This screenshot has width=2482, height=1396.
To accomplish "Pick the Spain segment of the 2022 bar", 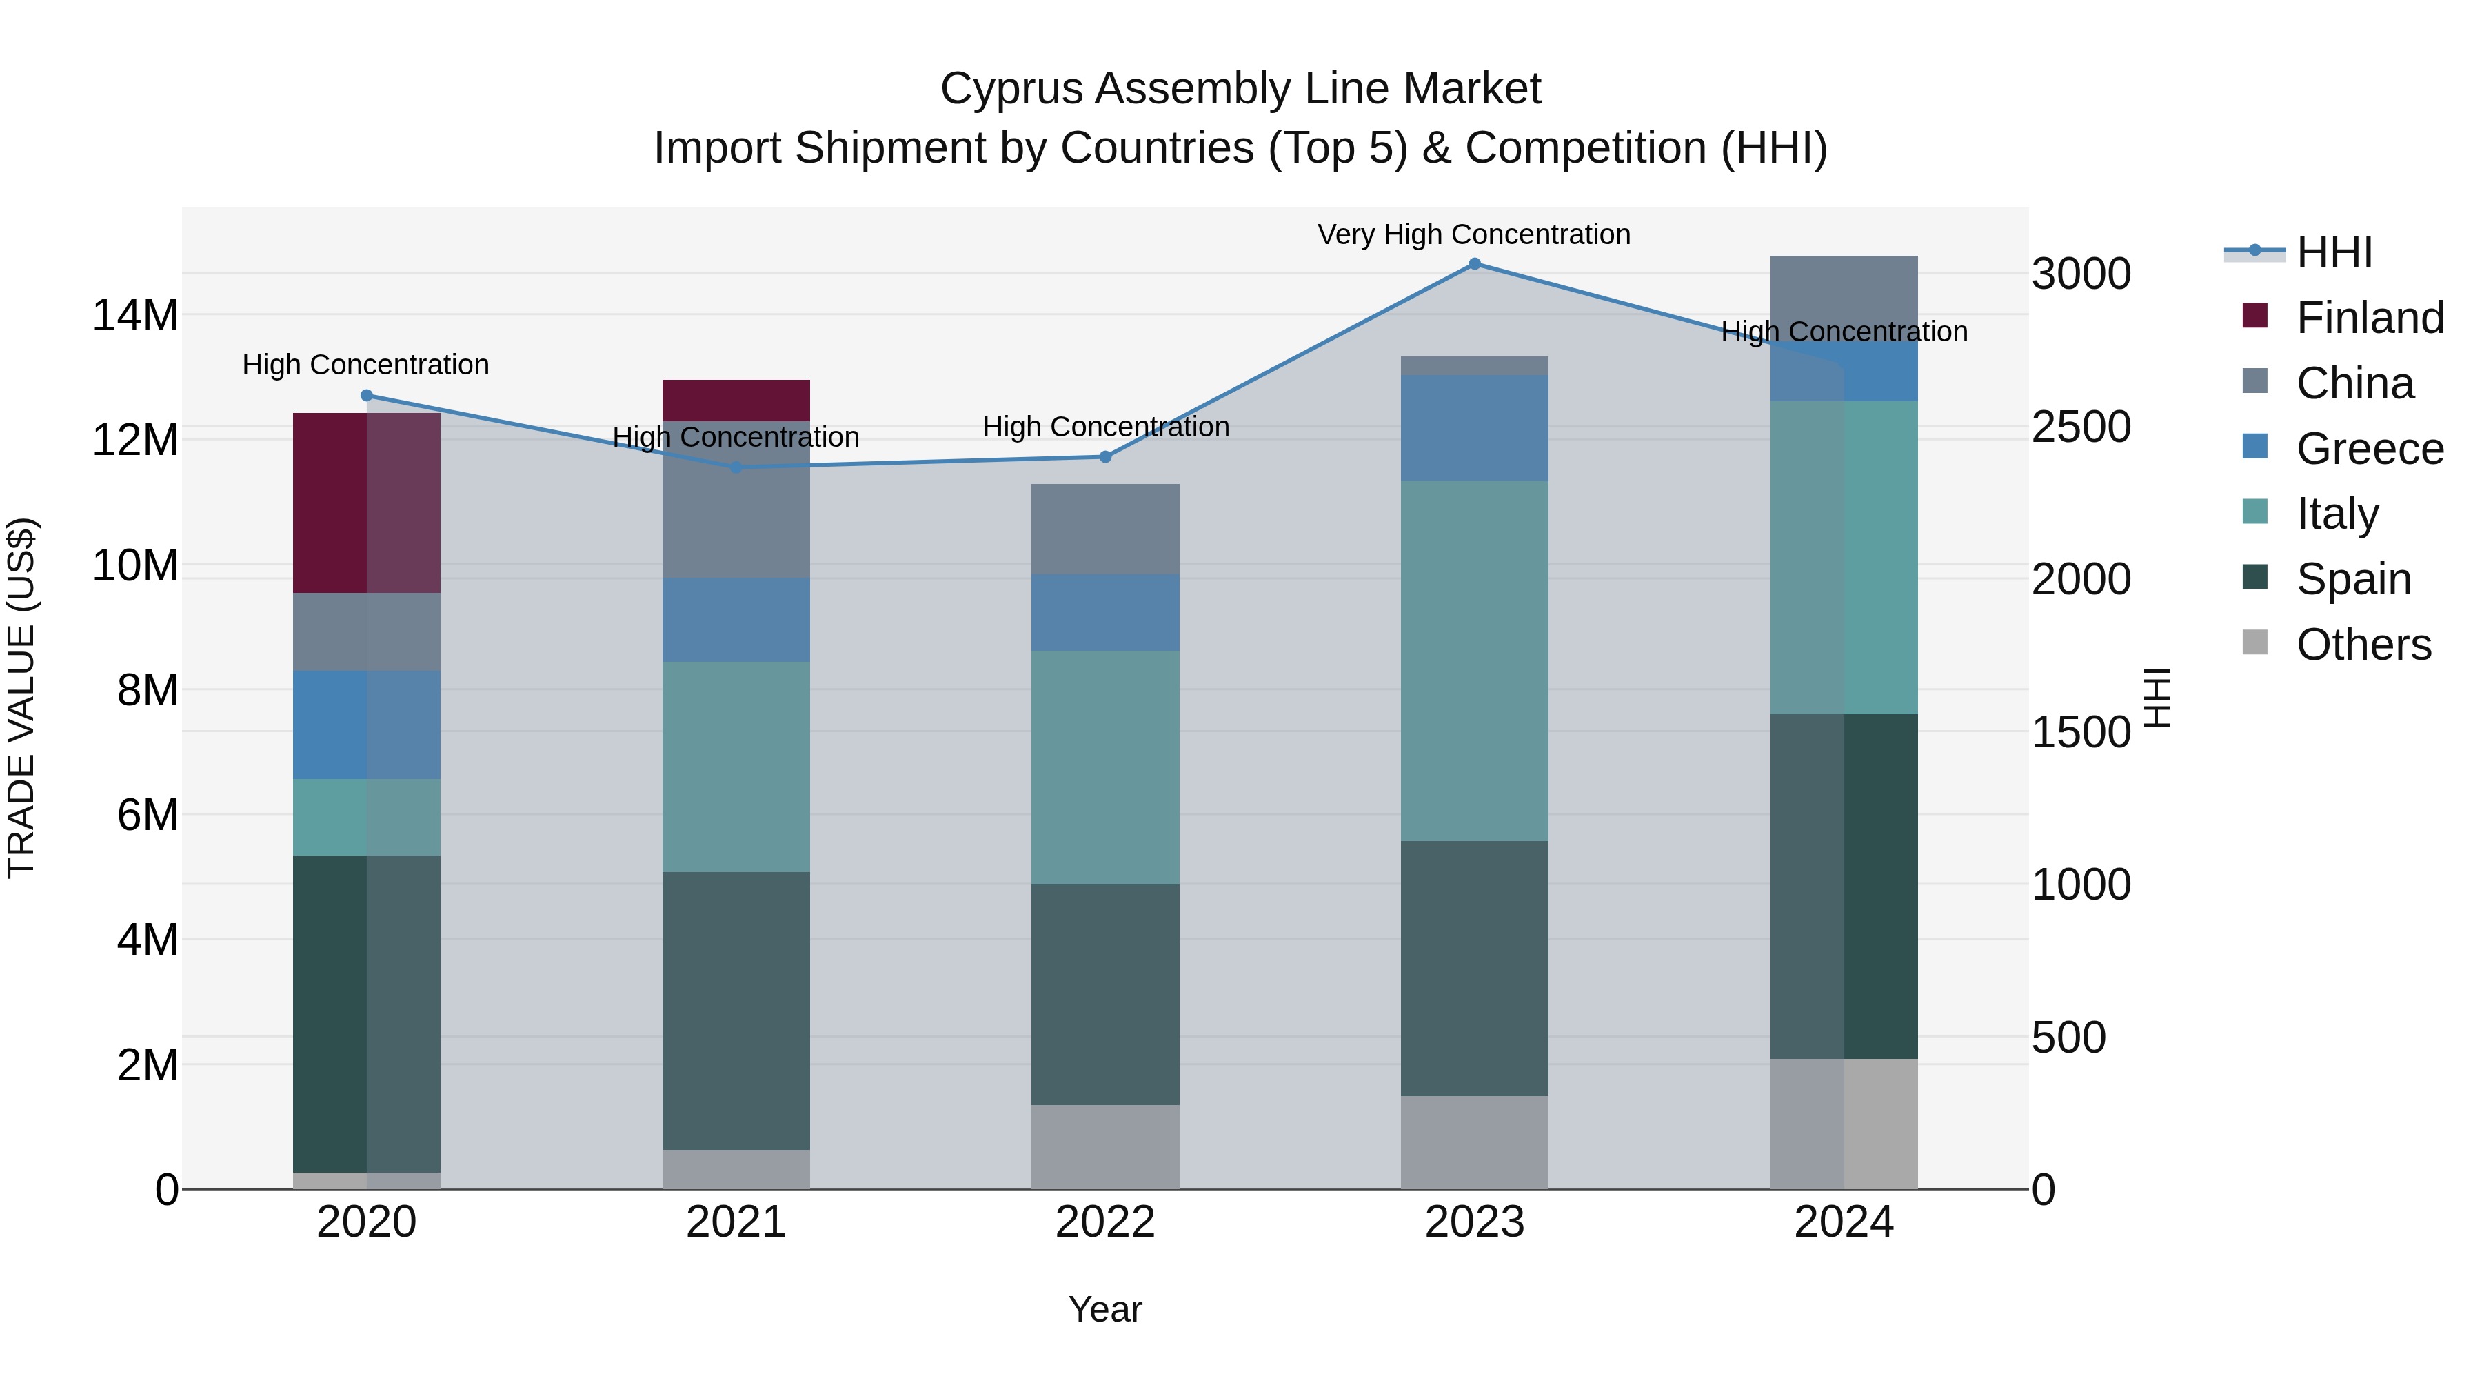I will click(1104, 993).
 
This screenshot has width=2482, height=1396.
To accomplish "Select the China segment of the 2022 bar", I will click(1104, 529).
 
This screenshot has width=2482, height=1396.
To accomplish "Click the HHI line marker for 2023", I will click(1474, 264).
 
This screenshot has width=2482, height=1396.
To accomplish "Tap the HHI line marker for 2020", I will click(366, 395).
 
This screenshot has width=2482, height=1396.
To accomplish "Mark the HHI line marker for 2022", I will click(1105, 456).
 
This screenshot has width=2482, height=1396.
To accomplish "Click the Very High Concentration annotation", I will click(1473, 234).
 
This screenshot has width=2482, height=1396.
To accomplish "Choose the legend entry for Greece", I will click(2368, 448).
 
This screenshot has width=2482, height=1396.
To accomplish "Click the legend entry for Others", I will click(2363, 644).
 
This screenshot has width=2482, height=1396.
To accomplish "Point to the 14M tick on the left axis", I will click(135, 315).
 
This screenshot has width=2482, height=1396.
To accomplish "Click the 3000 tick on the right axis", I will click(2081, 274).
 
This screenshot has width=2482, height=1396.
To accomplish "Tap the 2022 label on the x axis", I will click(1104, 1222).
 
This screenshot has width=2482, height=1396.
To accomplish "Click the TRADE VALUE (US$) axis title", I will click(21, 698).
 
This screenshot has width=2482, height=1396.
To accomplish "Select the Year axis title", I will click(1104, 1309).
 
